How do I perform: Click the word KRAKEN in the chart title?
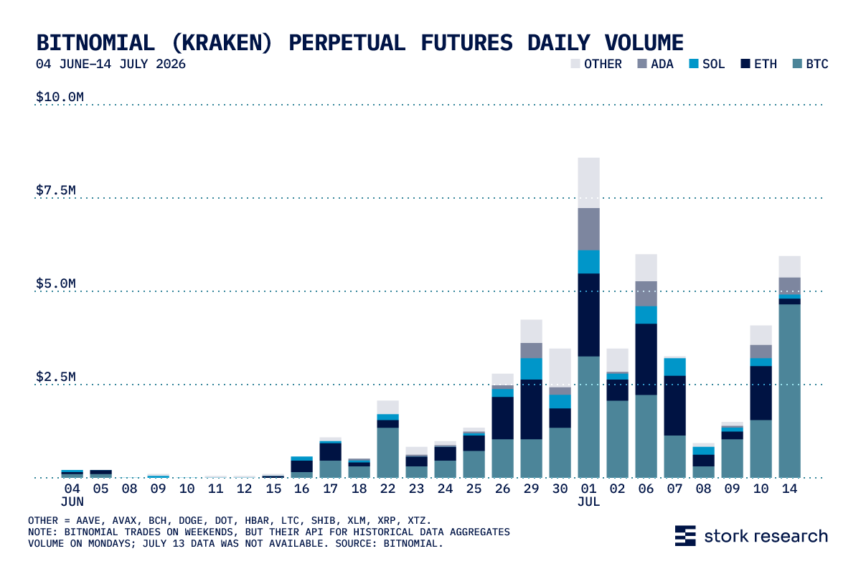click(x=222, y=42)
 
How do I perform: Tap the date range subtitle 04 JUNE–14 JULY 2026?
click(x=110, y=64)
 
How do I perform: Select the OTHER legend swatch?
click(x=575, y=64)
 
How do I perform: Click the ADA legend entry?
click(x=655, y=64)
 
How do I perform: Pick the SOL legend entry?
click(x=707, y=64)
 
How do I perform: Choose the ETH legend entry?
click(x=759, y=64)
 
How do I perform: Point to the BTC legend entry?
click(x=811, y=64)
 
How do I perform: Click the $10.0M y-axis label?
click(x=60, y=97)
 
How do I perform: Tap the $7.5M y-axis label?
click(x=56, y=190)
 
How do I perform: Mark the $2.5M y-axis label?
click(x=56, y=377)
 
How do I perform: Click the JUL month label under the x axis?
click(x=588, y=502)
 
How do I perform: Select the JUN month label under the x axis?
click(x=72, y=502)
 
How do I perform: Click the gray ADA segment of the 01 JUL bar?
click(x=588, y=229)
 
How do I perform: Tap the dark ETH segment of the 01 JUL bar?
click(x=588, y=315)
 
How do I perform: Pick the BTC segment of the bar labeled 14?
click(x=789, y=391)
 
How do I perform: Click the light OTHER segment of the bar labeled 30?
click(x=560, y=368)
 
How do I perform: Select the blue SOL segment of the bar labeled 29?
click(x=531, y=369)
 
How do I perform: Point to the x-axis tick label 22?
click(x=387, y=489)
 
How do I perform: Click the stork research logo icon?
click(x=685, y=535)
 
